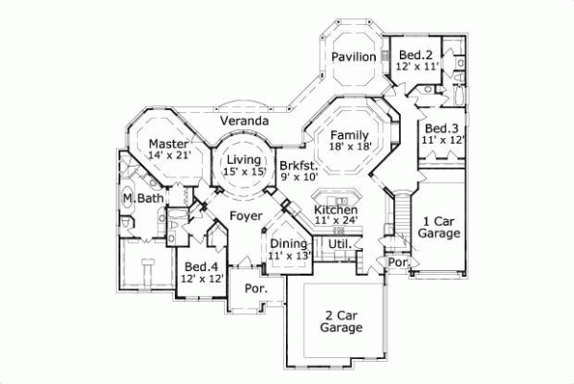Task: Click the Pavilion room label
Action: pos(353,57)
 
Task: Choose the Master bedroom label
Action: pos(167,144)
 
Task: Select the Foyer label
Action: pos(246,216)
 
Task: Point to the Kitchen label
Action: pos(336,210)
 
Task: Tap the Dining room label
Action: pos(288,244)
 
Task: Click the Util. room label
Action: pos(340,245)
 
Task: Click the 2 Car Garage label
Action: pos(341,321)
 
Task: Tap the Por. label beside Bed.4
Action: pos(254,288)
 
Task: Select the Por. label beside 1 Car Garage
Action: pos(397,260)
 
